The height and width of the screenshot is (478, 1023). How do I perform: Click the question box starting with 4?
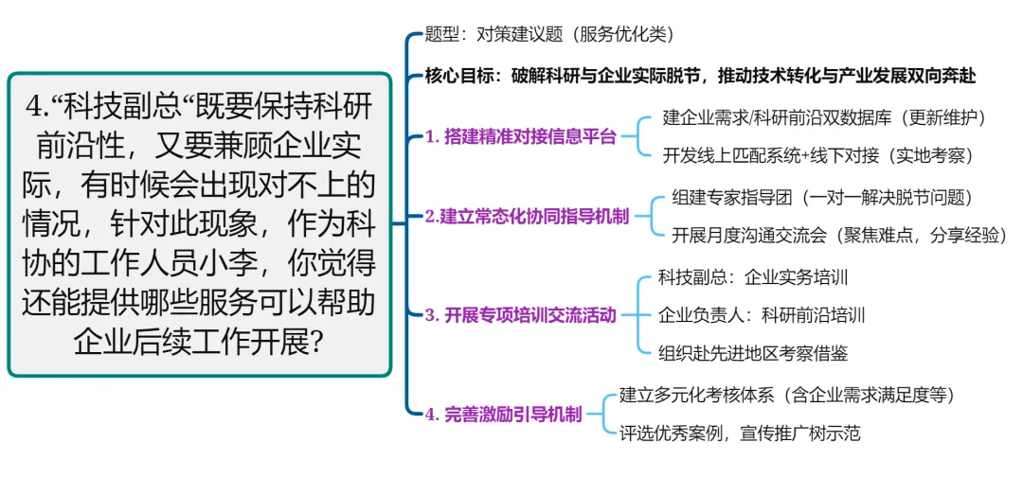[199, 224]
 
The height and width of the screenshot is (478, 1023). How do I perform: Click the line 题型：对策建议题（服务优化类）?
[549, 35]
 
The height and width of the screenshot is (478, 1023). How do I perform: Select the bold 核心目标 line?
[700, 76]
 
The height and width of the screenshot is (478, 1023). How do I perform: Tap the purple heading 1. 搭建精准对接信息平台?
[520, 136]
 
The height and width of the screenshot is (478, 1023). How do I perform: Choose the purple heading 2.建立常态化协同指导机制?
[527, 217]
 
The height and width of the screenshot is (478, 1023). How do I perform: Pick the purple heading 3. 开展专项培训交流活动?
[520, 315]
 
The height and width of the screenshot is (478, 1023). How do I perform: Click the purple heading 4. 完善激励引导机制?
[503, 414]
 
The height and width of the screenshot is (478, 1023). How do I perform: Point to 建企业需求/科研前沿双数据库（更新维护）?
[825, 118]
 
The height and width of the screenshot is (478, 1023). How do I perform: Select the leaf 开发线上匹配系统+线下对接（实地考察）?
[818, 154]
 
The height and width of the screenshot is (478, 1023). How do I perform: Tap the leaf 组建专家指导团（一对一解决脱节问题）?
[821, 198]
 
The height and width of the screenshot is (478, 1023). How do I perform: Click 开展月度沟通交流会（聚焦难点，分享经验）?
[838, 235]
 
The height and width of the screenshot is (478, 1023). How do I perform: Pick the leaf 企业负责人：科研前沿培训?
[762, 315]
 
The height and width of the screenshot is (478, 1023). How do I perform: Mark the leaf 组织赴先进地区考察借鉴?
[753, 353]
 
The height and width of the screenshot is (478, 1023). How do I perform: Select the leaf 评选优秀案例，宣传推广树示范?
[739, 434]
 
